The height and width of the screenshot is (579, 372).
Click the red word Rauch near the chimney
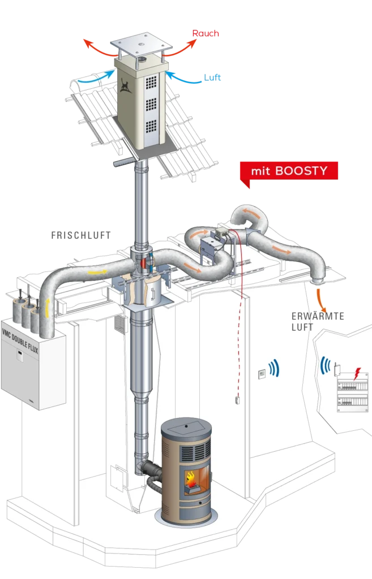(206, 33)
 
